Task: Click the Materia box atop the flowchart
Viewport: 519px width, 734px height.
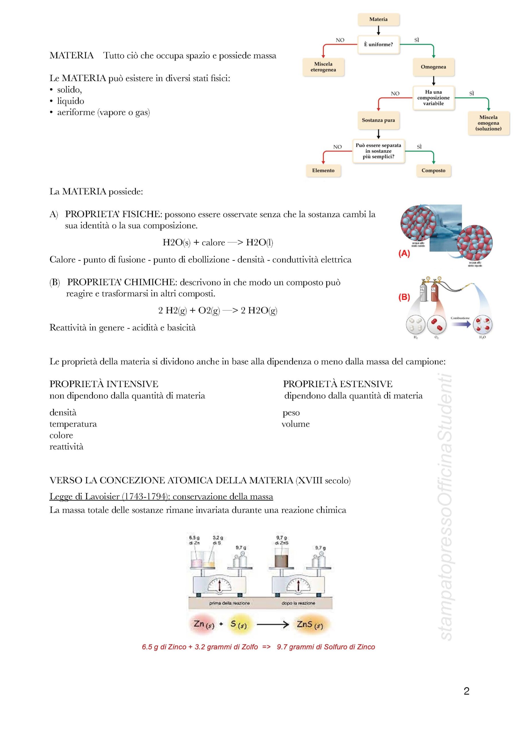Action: point(378,19)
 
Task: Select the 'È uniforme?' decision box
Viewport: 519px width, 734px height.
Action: point(378,45)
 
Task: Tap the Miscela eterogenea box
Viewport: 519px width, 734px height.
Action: point(323,67)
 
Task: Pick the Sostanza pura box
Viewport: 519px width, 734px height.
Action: point(378,120)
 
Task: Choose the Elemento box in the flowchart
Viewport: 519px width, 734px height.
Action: point(323,171)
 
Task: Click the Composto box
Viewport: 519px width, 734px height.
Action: point(433,171)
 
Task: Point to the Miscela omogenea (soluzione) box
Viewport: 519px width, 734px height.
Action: point(488,123)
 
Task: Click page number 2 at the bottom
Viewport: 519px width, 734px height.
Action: point(466,691)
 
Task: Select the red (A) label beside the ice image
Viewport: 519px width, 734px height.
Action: point(404,253)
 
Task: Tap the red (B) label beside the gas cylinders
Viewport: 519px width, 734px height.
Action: point(404,297)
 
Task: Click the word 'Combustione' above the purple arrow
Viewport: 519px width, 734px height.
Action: point(460,318)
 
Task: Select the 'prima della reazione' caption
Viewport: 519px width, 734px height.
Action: point(229,603)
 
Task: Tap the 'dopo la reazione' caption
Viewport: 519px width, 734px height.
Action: point(298,603)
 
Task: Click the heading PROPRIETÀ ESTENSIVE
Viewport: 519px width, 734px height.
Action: point(338,384)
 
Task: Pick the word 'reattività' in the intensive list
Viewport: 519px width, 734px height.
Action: point(66,447)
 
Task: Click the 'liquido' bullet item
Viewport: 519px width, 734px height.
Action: point(70,101)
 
